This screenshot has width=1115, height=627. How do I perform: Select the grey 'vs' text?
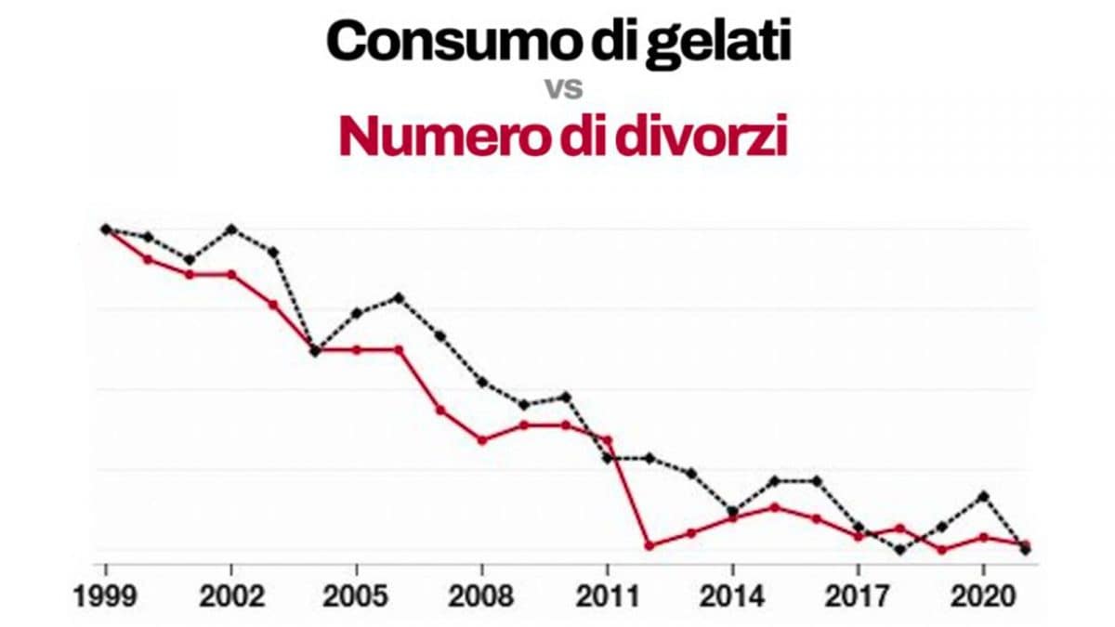pos(563,90)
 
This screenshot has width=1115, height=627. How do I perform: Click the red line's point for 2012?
pos(649,545)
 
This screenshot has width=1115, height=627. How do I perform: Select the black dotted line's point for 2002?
pos(230,229)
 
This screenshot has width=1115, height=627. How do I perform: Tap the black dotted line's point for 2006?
pos(398,297)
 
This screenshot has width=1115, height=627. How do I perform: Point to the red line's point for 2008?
pos(481,439)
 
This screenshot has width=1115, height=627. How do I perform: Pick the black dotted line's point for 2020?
pos(983,496)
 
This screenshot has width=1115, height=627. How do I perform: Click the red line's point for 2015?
pos(774,507)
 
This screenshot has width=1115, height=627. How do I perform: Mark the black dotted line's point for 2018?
pos(899,550)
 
